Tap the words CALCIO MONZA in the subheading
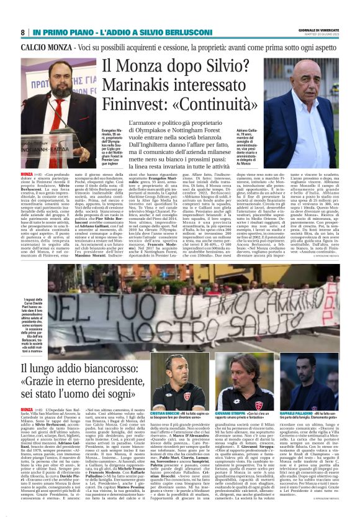point(44,47)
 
